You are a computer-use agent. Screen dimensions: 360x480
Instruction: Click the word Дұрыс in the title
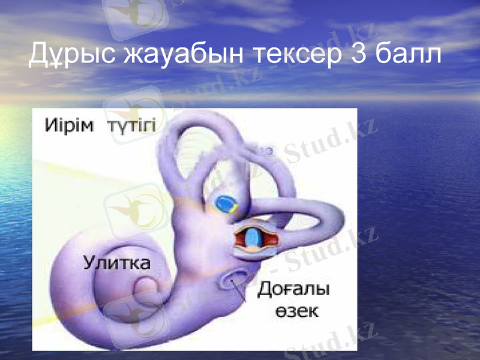coord(71,55)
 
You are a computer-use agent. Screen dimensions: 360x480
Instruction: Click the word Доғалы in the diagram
coord(294,290)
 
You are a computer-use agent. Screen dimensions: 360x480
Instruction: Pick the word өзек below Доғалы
coord(298,312)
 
